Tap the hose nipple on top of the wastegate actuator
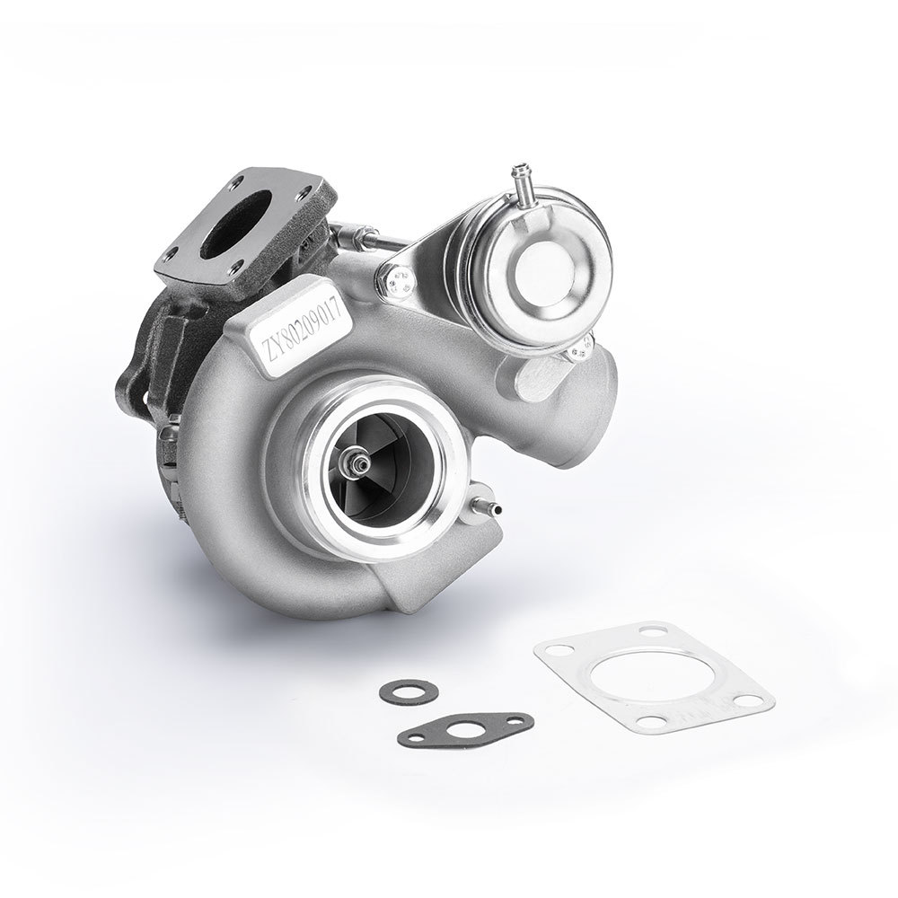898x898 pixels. pos(522,175)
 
